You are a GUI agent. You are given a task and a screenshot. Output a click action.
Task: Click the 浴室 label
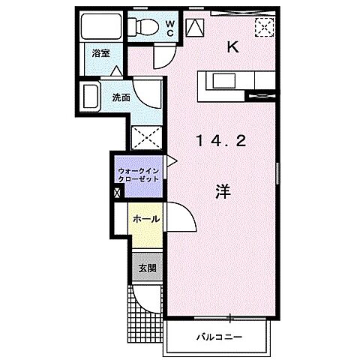pyautogui.click(x=101, y=54)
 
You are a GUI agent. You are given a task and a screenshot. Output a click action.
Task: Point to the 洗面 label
pyautogui.click(x=121, y=97)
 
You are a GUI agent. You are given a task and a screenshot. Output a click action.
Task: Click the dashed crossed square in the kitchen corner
pyautogui.click(x=264, y=28)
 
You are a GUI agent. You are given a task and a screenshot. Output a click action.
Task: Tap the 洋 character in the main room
pyautogui.click(x=223, y=191)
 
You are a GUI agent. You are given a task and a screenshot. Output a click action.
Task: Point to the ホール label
pyautogui.click(x=145, y=219)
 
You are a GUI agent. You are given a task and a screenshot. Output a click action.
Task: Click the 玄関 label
pyautogui.click(x=145, y=268)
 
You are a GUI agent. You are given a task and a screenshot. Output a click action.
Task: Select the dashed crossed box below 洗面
pyautogui.click(x=144, y=137)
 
